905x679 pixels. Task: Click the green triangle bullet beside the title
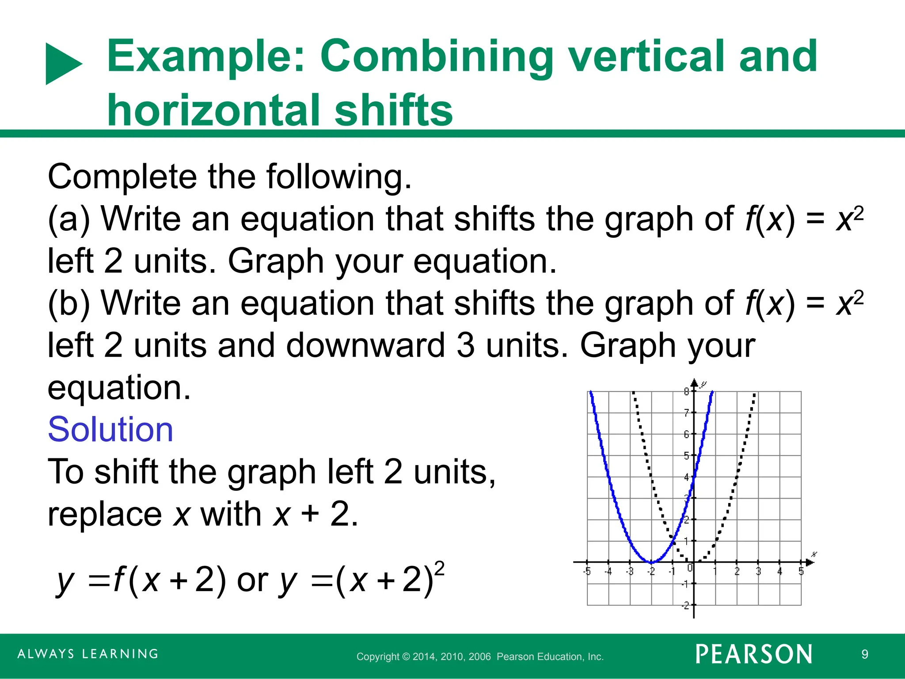(x=62, y=64)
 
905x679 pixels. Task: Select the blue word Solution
(x=110, y=429)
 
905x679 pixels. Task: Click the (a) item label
(x=69, y=219)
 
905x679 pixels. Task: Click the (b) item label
(x=69, y=303)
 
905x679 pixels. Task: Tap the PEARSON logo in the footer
(x=754, y=655)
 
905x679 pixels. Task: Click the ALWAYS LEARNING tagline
(x=88, y=654)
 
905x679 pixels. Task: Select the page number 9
(x=865, y=654)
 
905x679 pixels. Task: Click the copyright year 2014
(x=423, y=657)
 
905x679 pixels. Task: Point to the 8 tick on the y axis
(x=686, y=391)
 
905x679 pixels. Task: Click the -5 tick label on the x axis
(x=587, y=572)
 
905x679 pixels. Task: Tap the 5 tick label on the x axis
(x=801, y=572)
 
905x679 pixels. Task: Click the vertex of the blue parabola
(x=651, y=562)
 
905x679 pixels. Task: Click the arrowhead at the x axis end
(x=810, y=562)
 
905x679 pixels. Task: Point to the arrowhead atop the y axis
(x=694, y=383)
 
